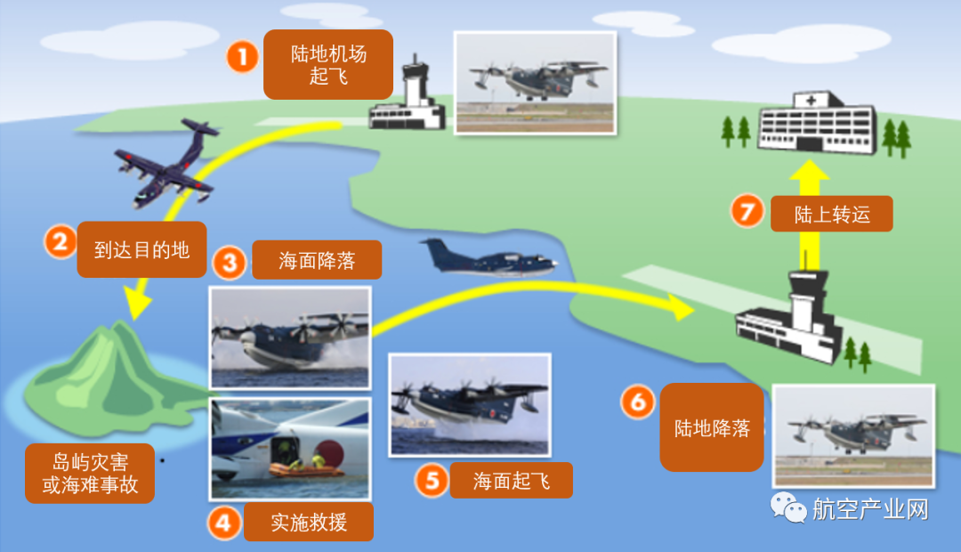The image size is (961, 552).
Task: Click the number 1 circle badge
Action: [x=241, y=58]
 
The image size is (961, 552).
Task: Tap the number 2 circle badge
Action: [x=61, y=241]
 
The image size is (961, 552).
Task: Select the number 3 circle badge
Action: [x=229, y=263]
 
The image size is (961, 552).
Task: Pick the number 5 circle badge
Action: [x=432, y=482]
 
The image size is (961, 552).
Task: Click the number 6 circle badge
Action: [x=637, y=402]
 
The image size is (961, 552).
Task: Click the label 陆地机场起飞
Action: [x=328, y=65]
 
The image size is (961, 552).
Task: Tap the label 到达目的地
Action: [x=141, y=249]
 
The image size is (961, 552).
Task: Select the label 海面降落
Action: [x=317, y=262]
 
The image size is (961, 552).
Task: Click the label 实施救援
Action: [x=309, y=523]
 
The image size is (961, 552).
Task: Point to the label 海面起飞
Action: [x=511, y=482]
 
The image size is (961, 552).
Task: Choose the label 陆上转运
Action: [x=831, y=214]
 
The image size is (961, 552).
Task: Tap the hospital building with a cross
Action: [x=816, y=124]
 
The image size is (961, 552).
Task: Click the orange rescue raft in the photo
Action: [x=307, y=467]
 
